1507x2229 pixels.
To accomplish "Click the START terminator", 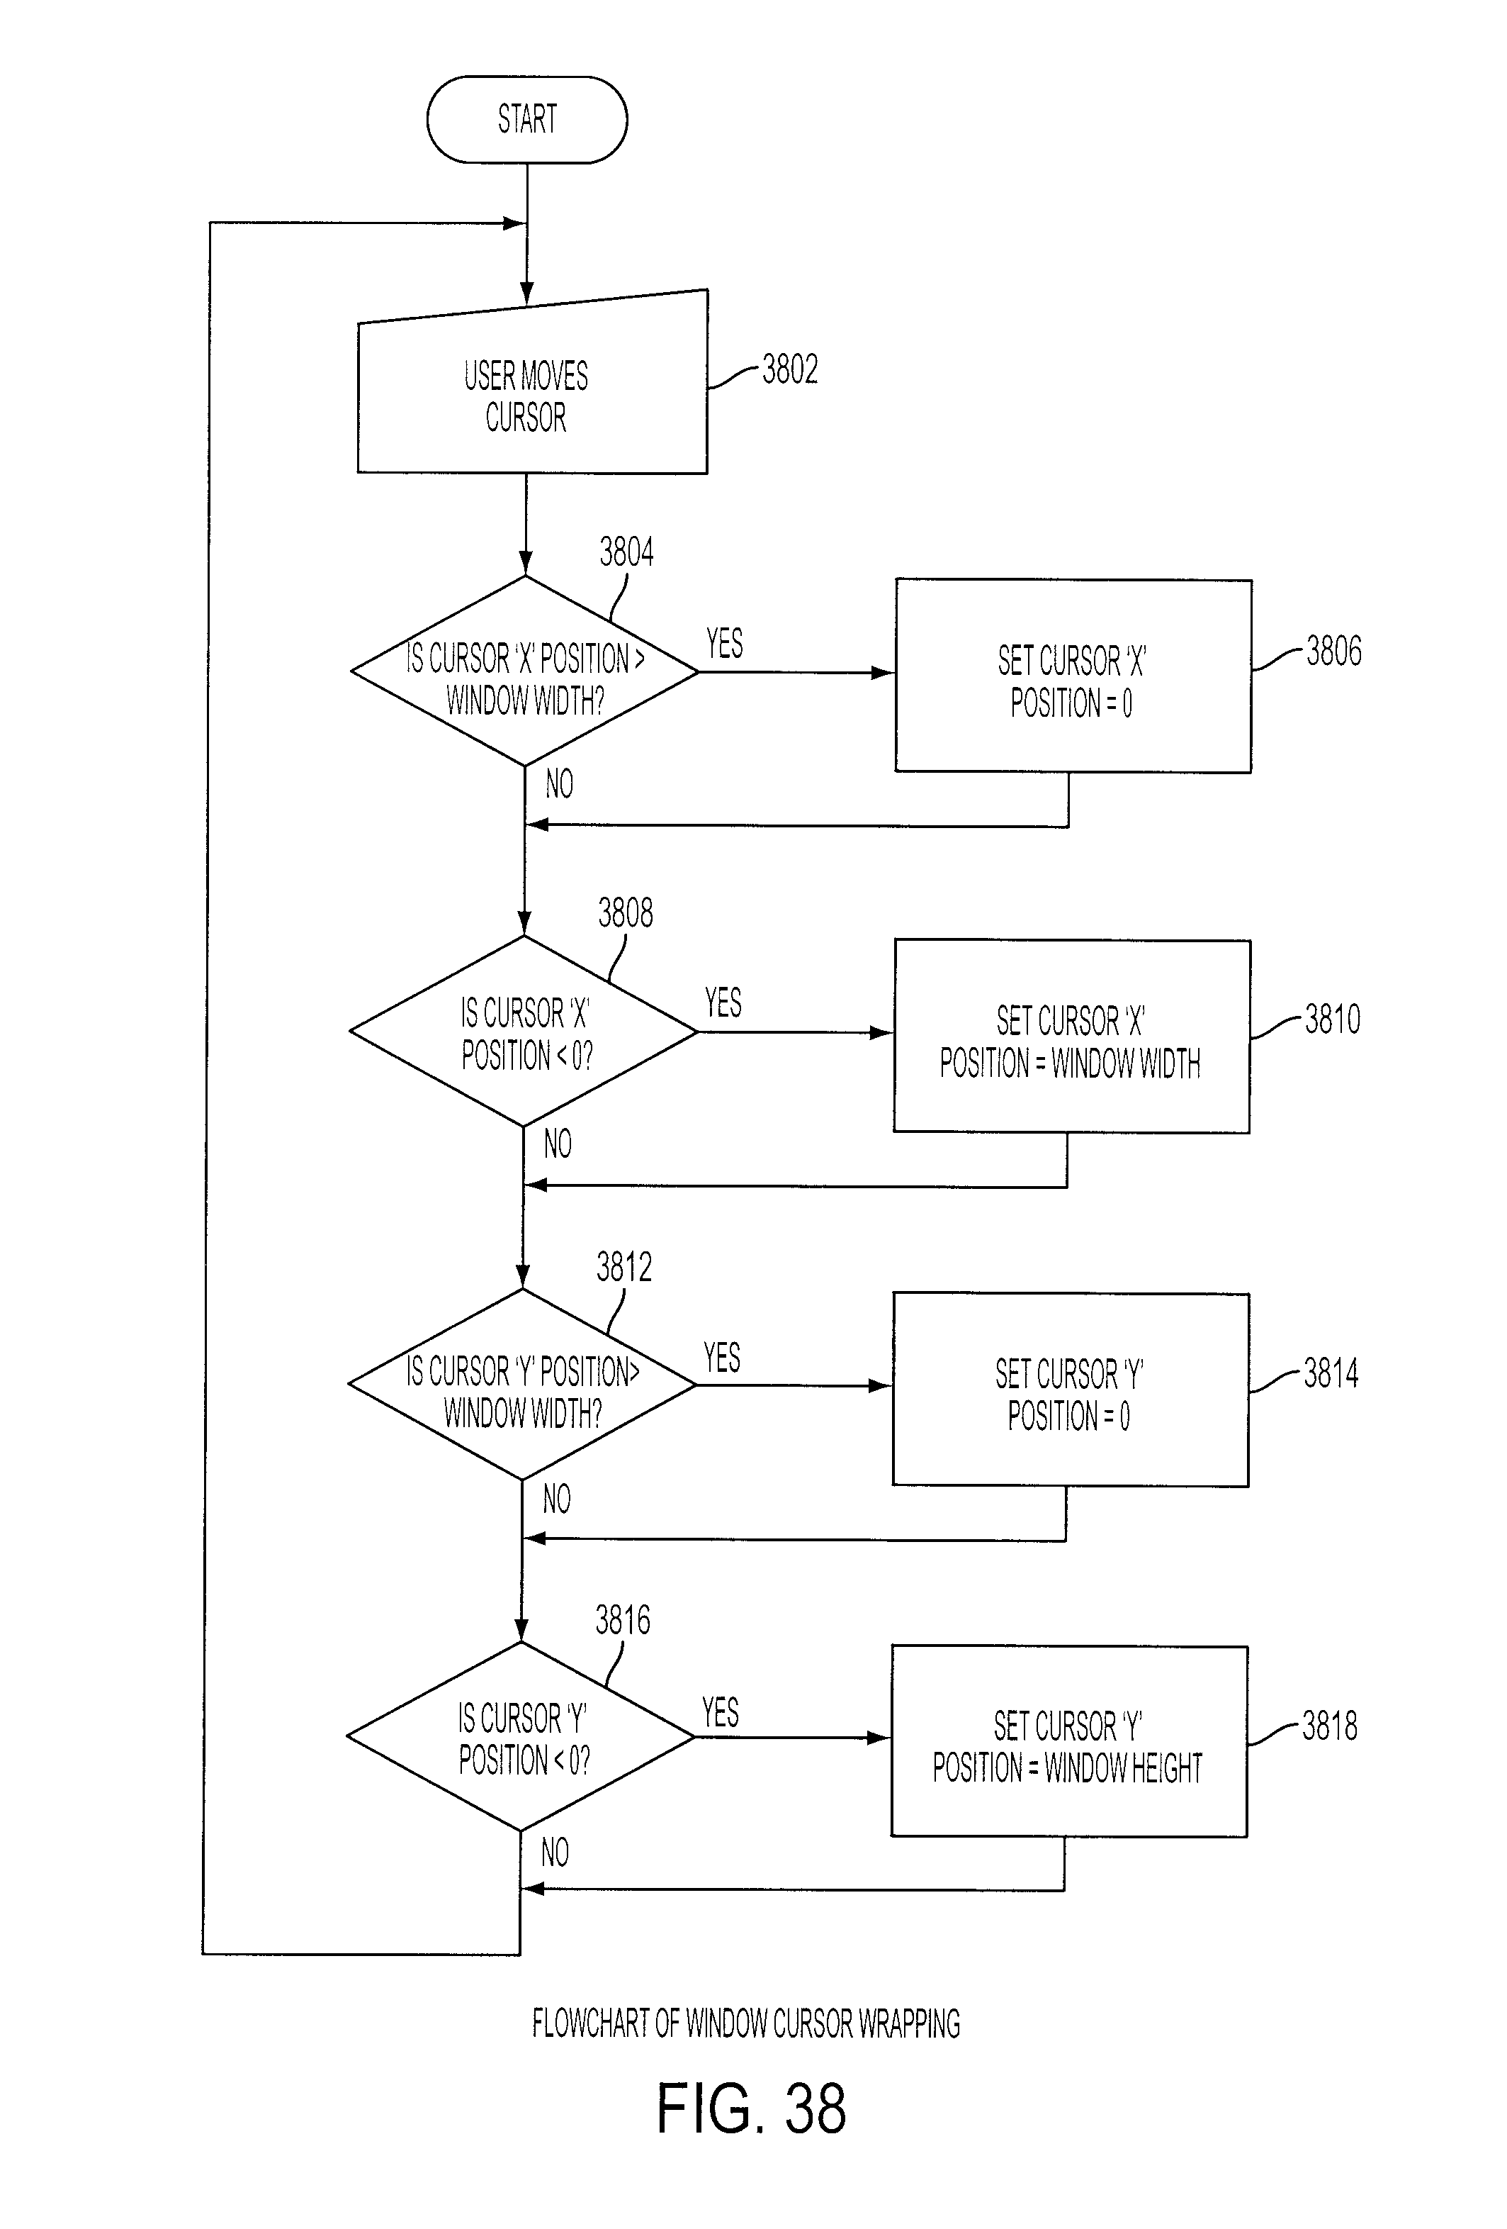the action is pos(526,120).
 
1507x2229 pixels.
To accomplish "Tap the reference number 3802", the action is pos(790,369).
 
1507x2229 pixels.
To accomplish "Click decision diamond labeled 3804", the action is pos(524,671).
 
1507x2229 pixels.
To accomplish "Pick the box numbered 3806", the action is pos(1073,675).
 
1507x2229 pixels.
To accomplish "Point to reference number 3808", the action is pos(625,913).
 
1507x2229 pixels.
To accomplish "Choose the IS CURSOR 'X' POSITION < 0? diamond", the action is pos(524,1031).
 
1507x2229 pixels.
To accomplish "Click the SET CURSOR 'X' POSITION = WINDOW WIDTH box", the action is pos(1072,1036).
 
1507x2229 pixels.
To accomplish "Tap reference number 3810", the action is pos(1333,1019).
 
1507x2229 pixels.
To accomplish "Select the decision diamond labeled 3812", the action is pos(521,1384).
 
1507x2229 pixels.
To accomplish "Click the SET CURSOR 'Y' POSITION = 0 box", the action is pos(1071,1390).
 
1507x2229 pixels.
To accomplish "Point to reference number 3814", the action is pos(1331,1373).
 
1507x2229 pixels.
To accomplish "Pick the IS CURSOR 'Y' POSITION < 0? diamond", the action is pos(521,1737).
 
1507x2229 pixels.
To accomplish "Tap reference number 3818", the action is pos(1330,1726).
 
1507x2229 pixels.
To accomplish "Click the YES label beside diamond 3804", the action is pos(725,642).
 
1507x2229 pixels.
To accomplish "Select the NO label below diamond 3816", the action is pos(555,1852).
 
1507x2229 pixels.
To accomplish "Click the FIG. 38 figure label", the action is pos(752,2108).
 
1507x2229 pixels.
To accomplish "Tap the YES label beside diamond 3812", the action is pos(722,1357).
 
